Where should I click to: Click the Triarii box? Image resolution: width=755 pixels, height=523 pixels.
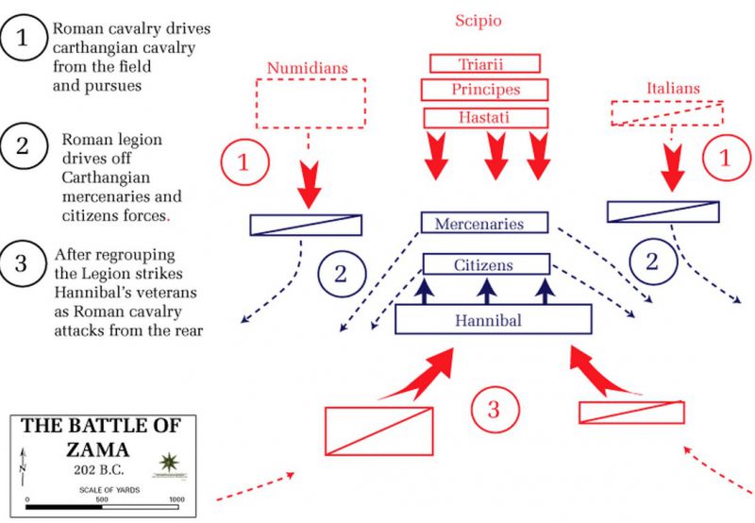484,63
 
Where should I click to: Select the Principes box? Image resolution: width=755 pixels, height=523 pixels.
484,90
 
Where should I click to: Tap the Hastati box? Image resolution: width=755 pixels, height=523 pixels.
485,117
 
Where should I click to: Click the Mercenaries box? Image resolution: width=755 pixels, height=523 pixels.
484,224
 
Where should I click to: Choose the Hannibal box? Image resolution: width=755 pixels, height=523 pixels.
493,321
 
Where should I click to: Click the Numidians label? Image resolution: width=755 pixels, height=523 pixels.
309,67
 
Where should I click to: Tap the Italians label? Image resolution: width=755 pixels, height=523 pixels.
673,88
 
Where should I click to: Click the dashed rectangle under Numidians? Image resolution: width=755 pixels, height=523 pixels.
310,103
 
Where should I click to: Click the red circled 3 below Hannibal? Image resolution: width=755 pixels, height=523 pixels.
495,410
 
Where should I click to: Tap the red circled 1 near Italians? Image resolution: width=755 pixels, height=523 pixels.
725,159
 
